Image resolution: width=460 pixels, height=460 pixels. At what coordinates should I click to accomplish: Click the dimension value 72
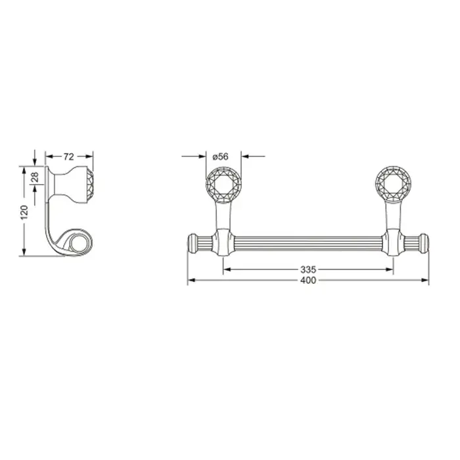[68, 157]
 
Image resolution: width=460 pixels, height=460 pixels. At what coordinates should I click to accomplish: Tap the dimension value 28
[35, 177]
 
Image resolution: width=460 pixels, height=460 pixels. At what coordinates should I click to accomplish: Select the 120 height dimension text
[24, 212]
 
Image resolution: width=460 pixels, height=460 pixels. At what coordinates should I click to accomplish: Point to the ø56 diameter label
[220, 156]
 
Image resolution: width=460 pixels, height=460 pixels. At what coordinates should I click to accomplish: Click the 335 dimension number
[308, 269]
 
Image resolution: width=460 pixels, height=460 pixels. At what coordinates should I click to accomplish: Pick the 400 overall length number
[308, 281]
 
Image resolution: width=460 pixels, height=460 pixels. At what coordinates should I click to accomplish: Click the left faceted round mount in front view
[223, 184]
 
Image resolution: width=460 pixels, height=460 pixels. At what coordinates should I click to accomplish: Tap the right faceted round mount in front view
[393, 184]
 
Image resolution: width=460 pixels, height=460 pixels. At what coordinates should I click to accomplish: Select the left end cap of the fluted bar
[192, 244]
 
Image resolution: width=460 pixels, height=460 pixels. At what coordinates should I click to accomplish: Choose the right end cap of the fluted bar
[425, 244]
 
